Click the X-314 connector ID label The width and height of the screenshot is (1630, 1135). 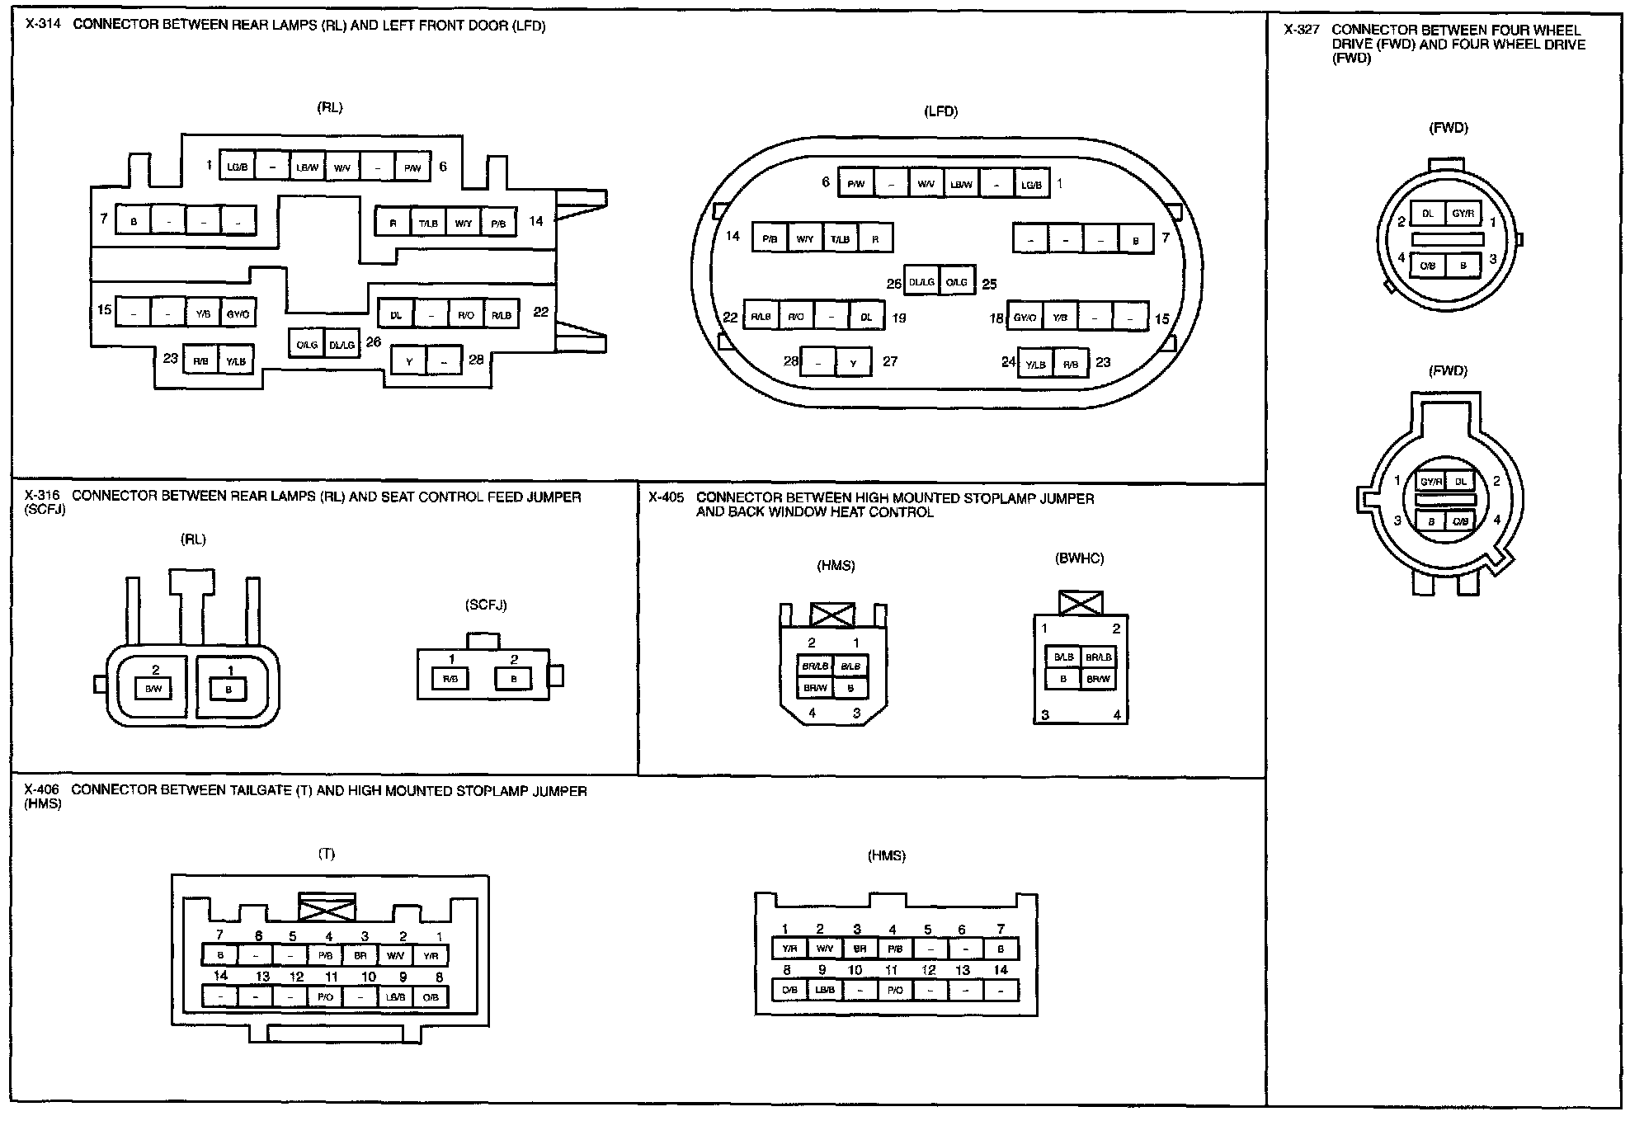(x=43, y=25)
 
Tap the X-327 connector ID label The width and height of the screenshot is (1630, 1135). (x=1302, y=30)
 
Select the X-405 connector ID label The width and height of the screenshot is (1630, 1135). (x=666, y=497)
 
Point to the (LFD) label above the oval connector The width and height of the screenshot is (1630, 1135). (x=940, y=112)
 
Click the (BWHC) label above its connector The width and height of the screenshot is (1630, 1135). (x=1079, y=558)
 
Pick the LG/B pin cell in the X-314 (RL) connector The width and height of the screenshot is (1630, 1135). (x=237, y=167)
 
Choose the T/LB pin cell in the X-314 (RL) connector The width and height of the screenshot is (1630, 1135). (x=428, y=224)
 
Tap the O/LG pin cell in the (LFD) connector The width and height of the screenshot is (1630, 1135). (x=957, y=282)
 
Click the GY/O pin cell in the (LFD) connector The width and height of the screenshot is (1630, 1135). (x=1025, y=318)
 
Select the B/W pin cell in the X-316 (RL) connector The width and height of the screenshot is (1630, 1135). (x=153, y=688)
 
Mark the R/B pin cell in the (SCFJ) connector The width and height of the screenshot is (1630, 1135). (x=450, y=679)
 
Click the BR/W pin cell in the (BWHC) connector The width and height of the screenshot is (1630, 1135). (x=1098, y=679)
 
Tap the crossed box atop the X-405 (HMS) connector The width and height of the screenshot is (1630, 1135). (x=832, y=615)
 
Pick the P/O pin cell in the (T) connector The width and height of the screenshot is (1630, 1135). (x=325, y=997)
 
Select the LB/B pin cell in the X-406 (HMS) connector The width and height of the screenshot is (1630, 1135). (x=825, y=990)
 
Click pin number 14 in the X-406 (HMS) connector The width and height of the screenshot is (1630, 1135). (x=1001, y=970)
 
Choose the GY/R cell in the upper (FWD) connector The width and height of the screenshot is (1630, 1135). (x=1463, y=214)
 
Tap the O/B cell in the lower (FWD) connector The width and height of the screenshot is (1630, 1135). (x=1460, y=521)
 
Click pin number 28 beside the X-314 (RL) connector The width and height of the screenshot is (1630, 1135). (x=476, y=360)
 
